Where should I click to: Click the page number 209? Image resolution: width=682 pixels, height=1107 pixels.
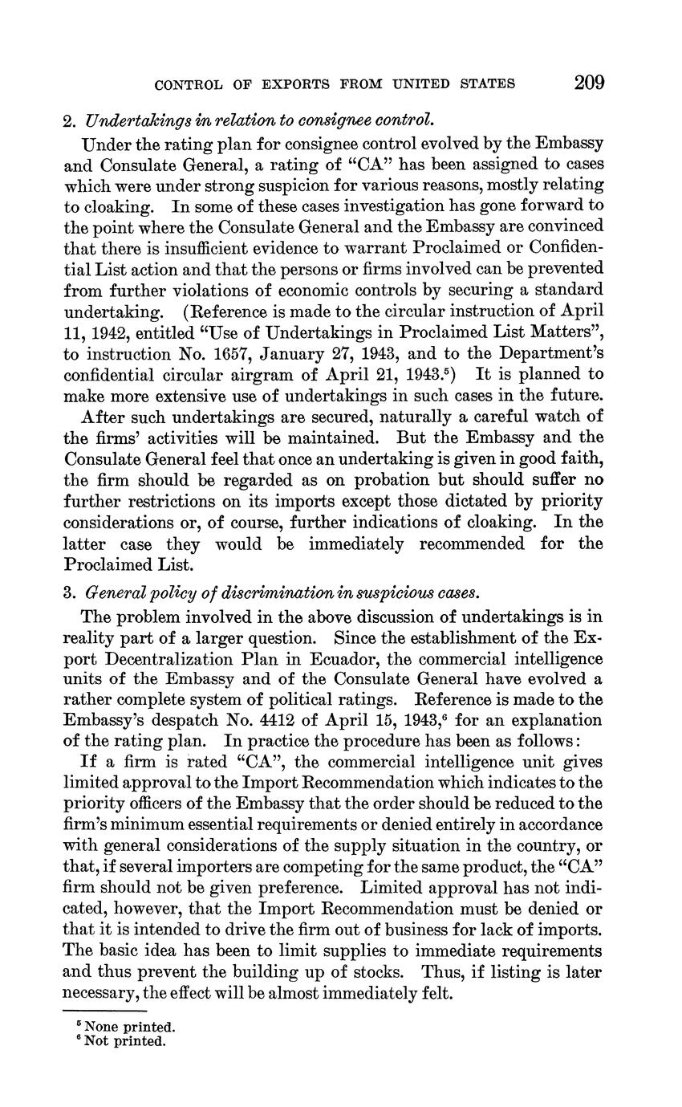pos(588,83)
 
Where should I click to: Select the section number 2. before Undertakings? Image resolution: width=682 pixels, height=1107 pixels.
pos(69,122)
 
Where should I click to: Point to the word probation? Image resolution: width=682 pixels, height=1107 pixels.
pos(363,480)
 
